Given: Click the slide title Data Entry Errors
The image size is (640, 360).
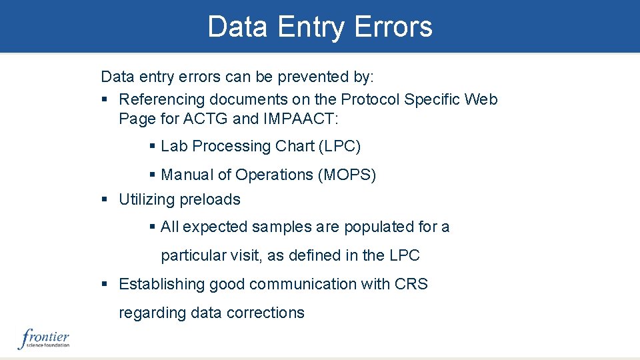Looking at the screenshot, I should (320, 27).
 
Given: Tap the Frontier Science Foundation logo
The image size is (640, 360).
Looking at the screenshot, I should (44, 339).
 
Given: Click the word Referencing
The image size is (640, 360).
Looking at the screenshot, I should (162, 99).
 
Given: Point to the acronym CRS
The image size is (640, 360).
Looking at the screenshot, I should (411, 284).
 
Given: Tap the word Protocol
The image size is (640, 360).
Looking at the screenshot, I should (370, 99).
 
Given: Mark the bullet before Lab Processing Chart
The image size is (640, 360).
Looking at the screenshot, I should (153, 146).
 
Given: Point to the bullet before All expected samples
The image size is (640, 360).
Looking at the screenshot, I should (153, 227).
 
